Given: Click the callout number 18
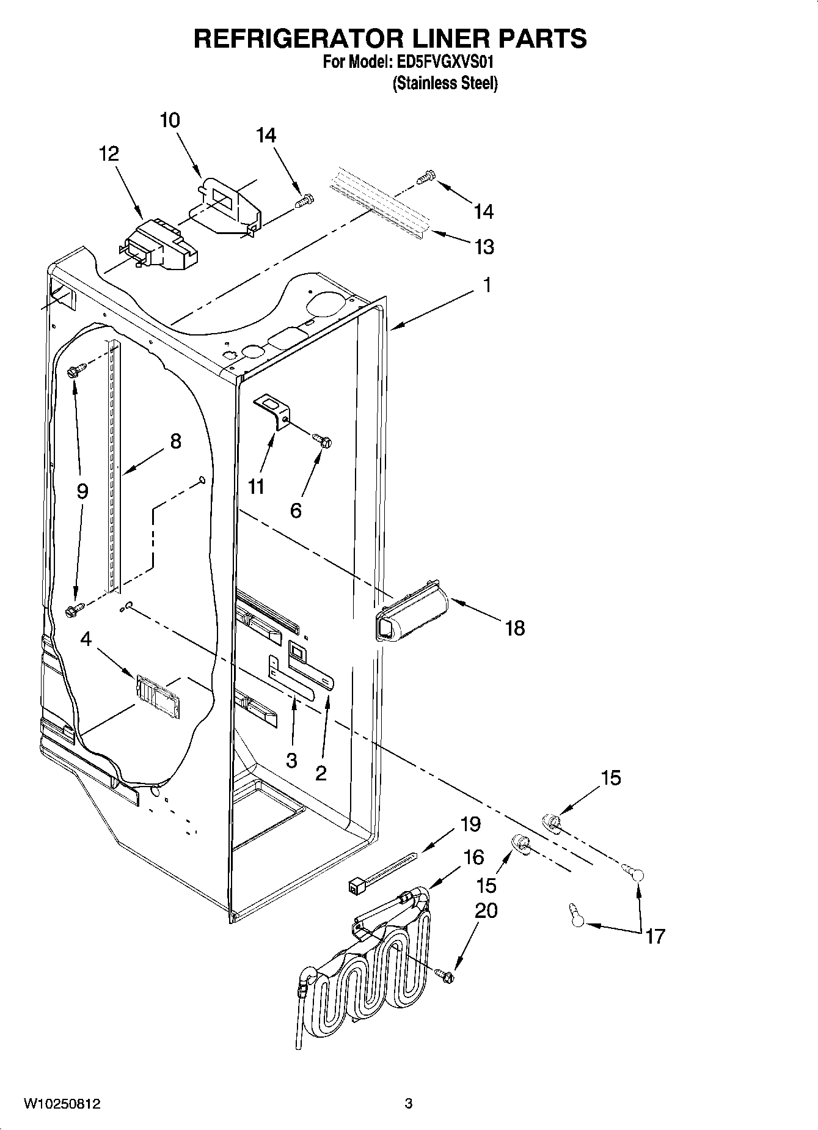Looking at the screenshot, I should coord(515,628).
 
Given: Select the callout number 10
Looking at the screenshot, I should coord(170,120).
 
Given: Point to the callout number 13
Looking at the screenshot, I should coord(484,247).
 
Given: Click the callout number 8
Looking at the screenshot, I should coord(175,441).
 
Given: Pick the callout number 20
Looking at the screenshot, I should coord(486,911).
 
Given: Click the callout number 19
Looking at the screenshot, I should coord(470,824).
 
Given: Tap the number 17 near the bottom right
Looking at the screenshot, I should coord(655,936).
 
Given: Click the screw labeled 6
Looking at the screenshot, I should coord(323,439).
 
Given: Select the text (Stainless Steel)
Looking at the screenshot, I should coord(445,83).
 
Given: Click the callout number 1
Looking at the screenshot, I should coord(487,285).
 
